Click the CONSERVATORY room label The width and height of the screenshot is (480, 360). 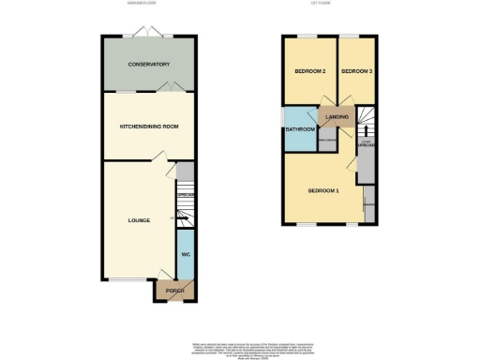coord(149,65)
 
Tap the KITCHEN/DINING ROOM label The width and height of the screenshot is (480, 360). coord(148,126)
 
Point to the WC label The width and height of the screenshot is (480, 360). coord(185,254)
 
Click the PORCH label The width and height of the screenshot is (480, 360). coord(175,292)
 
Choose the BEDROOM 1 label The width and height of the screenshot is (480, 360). coord(322,191)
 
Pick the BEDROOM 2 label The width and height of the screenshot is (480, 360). coord(310,72)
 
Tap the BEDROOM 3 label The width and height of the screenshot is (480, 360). coord(356,72)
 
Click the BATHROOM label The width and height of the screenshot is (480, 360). coord(301,129)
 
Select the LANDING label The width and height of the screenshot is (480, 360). coord(337,117)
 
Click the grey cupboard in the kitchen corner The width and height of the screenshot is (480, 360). coord(186,171)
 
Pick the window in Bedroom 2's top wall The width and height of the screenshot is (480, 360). coord(307,37)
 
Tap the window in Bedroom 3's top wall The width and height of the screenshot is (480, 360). coord(358,37)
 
